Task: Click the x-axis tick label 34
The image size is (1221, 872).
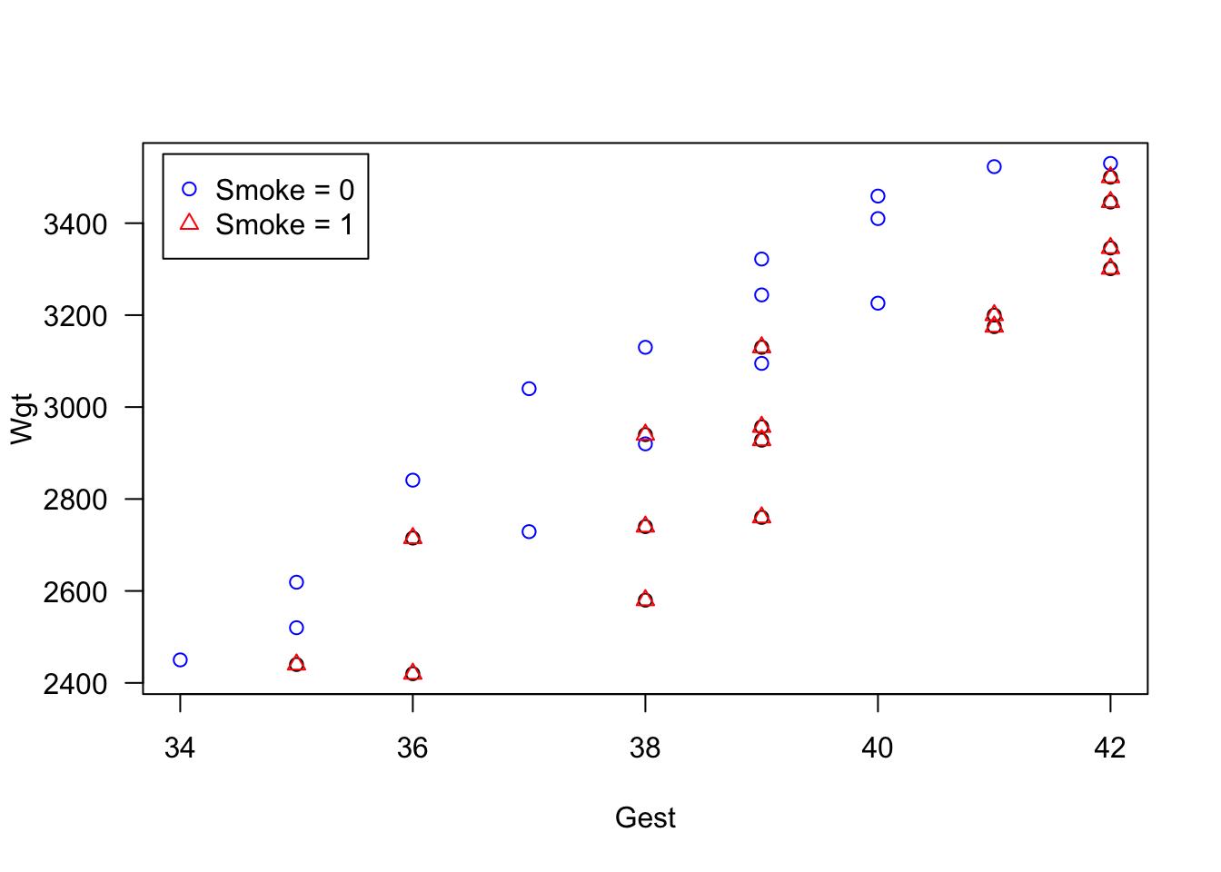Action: point(180,748)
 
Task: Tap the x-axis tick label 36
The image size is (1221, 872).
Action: point(412,748)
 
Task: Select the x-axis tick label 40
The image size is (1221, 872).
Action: point(878,748)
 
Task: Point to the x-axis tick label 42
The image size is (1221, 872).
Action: point(1110,748)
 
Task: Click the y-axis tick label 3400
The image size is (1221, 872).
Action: point(75,224)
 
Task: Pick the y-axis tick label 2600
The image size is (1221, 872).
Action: point(75,592)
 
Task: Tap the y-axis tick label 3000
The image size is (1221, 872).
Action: point(75,408)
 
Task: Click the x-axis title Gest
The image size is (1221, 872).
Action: point(645,818)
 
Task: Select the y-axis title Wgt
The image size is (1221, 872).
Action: point(22,419)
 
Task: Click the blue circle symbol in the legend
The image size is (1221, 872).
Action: point(189,190)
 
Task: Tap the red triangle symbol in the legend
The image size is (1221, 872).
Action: point(189,223)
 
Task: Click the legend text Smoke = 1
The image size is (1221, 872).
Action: point(284,224)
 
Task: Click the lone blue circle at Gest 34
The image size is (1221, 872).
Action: point(180,660)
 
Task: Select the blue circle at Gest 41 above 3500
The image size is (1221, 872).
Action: point(994,167)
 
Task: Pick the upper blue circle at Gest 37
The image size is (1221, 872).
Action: point(529,389)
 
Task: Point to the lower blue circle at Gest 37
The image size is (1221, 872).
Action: point(529,532)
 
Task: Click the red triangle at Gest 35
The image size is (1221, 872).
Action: point(296,664)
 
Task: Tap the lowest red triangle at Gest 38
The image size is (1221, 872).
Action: point(645,599)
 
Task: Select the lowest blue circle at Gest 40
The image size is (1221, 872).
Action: point(878,303)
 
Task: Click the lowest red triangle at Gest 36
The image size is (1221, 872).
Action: point(412,673)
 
